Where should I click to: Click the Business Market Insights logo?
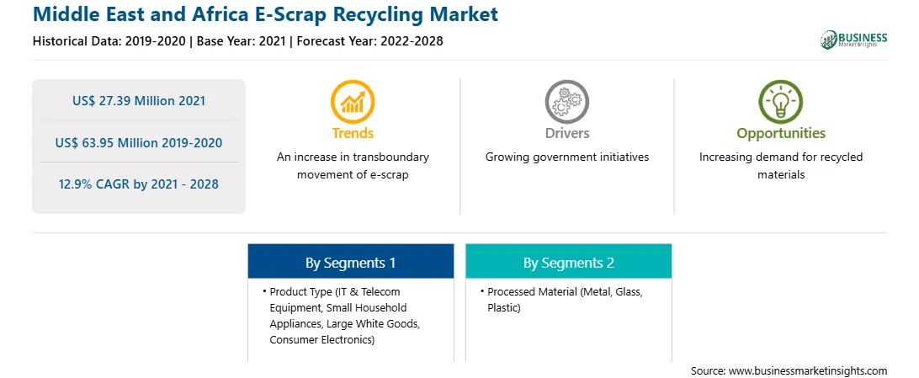(x=854, y=40)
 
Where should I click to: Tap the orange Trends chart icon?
(x=353, y=101)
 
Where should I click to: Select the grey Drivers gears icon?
(x=566, y=101)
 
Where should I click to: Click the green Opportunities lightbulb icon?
(x=781, y=101)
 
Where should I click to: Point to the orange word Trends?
(x=353, y=133)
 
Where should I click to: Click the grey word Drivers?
(x=566, y=133)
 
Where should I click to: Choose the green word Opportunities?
(x=781, y=134)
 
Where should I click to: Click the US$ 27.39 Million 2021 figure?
(x=139, y=101)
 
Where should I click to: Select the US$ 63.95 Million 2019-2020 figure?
(x=139, y=142)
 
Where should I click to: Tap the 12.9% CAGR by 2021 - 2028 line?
(x=139, y=184)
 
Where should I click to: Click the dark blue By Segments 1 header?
(x=350, y=263)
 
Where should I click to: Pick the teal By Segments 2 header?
(x=569, y=263)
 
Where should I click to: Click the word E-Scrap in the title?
(x=276, y=14)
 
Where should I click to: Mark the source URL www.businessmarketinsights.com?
(x=808, y=370)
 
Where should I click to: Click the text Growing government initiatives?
(x=566, y=157)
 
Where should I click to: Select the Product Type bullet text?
(x=340, y=316)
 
